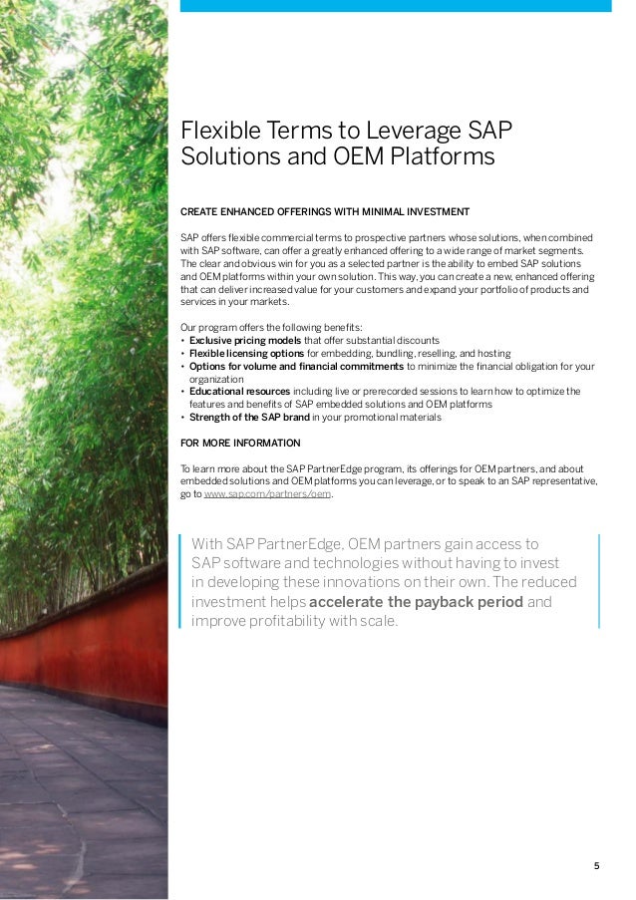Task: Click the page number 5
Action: click(597, 865)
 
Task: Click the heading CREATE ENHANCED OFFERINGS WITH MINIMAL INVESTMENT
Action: click(318, 211)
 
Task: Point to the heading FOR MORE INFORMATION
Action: click(239, 443)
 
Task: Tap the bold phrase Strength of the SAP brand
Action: click(249, 418)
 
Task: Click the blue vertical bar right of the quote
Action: click(600, 581)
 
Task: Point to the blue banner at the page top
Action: click(395, 6)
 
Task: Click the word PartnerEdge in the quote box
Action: click(297, 544)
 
